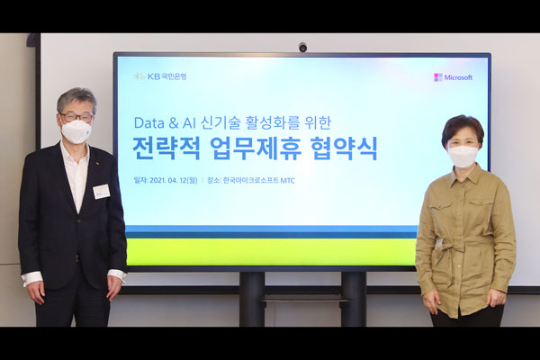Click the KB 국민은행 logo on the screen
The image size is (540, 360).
click(x=160, y=76)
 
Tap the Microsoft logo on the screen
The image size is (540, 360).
click(x=454, y=77)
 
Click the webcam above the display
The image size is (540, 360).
click(x=302, y=47)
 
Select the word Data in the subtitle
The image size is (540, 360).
click(x=148, y=123)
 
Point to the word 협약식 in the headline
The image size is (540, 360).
click(x=344, y=148)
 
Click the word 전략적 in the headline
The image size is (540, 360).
click(x=166, y=148)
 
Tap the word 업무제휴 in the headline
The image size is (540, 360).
click(x=256, y=148)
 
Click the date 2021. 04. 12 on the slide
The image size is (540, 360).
click(x=167, y=181)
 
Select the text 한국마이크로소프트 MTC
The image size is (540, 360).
click(x=259, y=181)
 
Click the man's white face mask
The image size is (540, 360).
click(x=76, y=131)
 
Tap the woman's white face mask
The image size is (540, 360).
click(x=463, y=156)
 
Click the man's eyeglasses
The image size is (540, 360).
click(x=76, y=117)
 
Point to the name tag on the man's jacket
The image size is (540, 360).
click(x=101, y=191)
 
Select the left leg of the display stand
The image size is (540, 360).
click(x=252, y=299)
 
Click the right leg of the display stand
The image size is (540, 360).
click(x=354, y=299)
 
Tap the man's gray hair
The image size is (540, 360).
click(x=76, y=98)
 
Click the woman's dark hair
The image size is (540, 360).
click(x=463, y=130)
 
